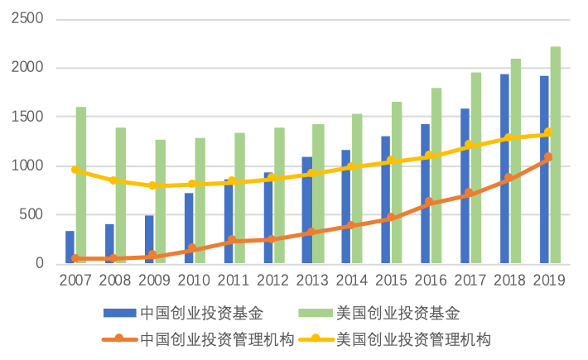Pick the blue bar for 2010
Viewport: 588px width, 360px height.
coord(189,228)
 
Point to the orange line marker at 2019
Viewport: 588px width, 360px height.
coord(548,156)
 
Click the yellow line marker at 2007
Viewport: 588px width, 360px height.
coord(75,170)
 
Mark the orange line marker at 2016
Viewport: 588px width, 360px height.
coord(429,201)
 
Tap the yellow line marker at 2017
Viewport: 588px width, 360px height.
coord(469,145)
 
